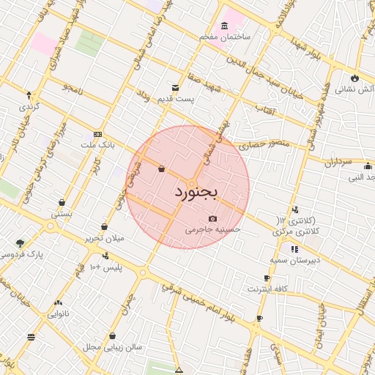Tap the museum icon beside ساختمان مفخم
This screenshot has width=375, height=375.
[223, 26]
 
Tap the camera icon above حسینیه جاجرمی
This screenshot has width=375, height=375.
[212, 218]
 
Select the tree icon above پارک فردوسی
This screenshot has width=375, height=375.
[20, 243]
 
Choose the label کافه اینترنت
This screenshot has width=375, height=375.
[267, 289]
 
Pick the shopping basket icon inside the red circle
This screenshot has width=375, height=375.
[160, 169]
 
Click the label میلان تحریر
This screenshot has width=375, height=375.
[104, 238]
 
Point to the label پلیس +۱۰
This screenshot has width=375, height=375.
[105, 267]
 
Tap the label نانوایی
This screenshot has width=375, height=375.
[59, 313]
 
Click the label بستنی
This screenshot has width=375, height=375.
[61, 214]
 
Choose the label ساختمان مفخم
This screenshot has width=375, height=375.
[227, 36]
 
